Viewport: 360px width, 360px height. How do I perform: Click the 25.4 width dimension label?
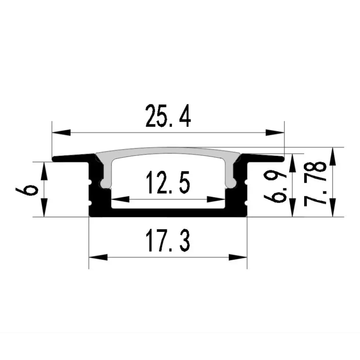[168, 116]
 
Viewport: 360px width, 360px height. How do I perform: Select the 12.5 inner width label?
[168, 182]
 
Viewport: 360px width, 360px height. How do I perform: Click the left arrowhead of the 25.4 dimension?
[61, 132]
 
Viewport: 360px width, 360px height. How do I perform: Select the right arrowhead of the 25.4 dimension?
[275, 132]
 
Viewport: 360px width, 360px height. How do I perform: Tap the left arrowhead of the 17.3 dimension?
[98, 257]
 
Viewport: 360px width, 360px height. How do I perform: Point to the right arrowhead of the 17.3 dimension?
[238, 257]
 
